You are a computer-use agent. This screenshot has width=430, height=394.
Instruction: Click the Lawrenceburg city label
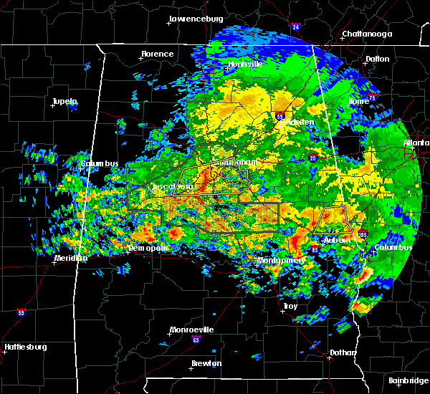click(x=196, y=19)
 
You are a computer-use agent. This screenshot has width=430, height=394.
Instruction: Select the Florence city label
click(x=157, y=54)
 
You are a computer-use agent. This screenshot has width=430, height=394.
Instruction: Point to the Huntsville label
click(x=245, y=64)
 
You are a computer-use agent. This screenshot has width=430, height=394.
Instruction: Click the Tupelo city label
click(x=64, y=102)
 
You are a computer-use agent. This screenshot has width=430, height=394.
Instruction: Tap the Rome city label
click(x=359, y=101)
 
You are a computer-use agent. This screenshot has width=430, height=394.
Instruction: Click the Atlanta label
click(x=416, y=143)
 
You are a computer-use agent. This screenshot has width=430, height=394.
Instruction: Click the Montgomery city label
click(x=281, y=260)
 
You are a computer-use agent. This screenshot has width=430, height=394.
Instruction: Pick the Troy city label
click(x=290, y=306)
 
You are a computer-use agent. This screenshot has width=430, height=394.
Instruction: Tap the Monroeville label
click(x=191, y=330)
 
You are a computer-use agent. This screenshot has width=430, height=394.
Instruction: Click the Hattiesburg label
click(x=25, y=347)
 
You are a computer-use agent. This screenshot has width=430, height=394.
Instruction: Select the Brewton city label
click(x=206, y=363)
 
